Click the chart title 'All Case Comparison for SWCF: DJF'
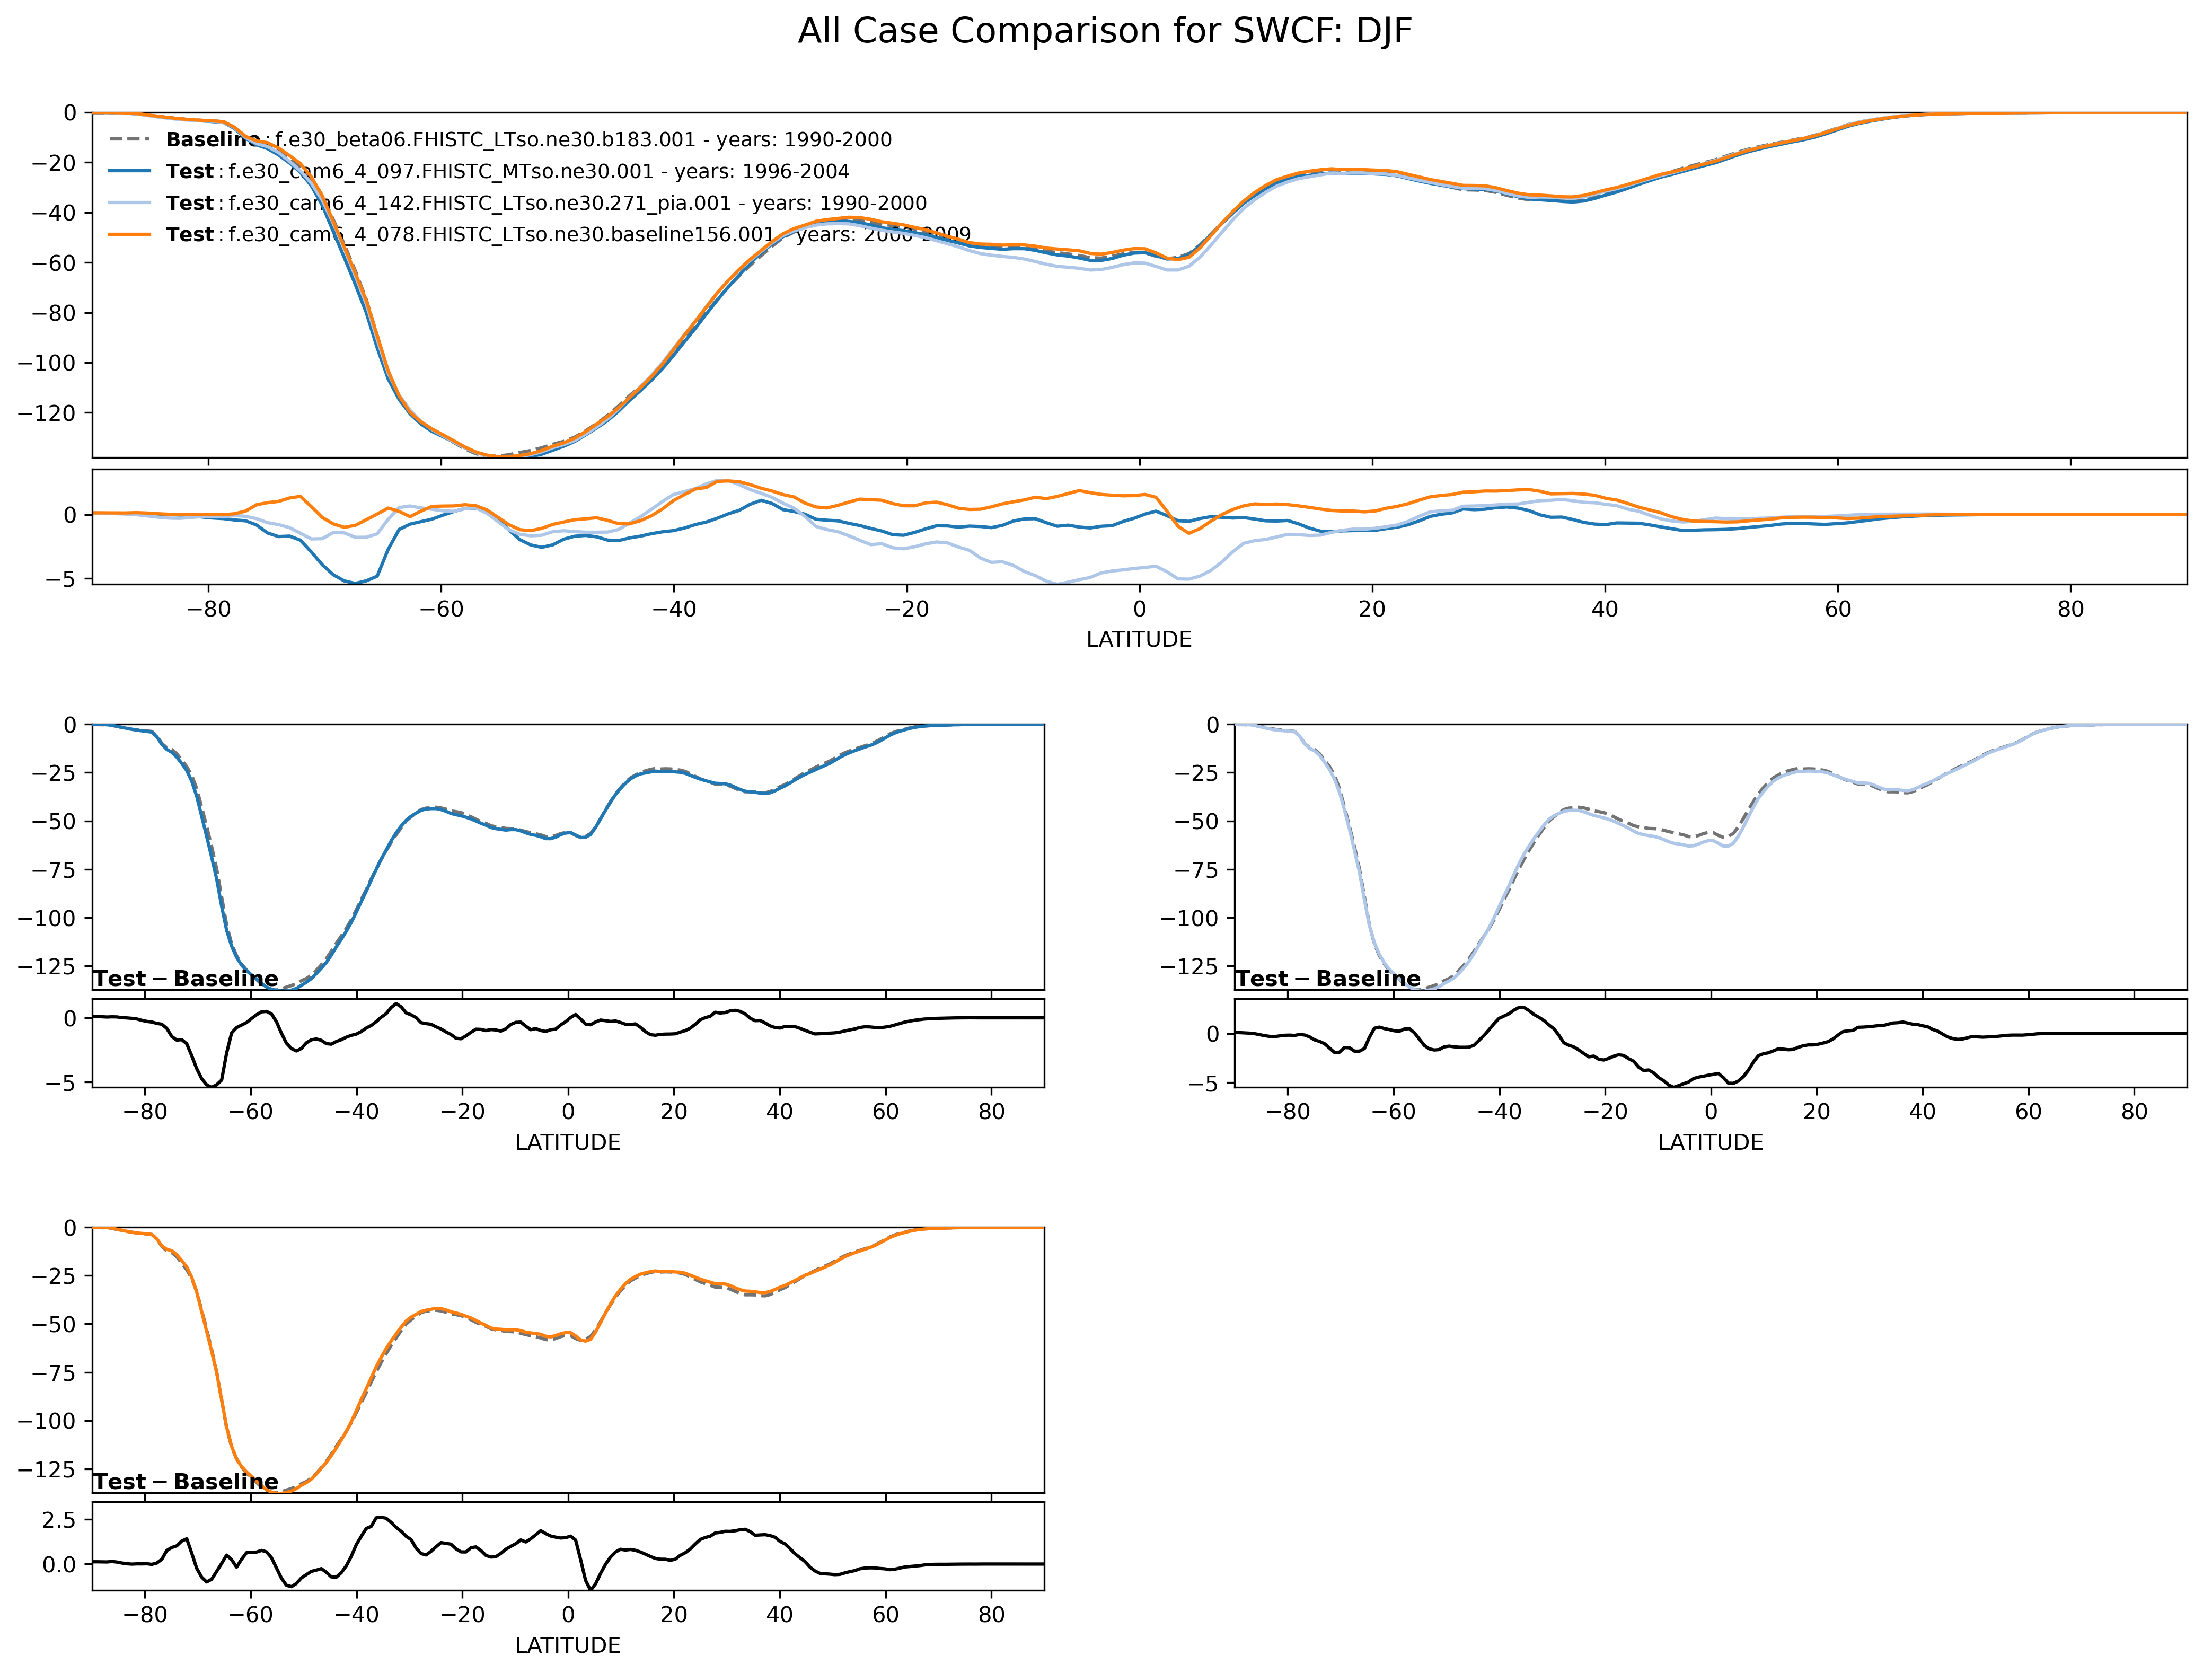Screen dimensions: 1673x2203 [x=1105, y=32]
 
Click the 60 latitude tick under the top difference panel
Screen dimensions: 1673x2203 [x=1837, y=610]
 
